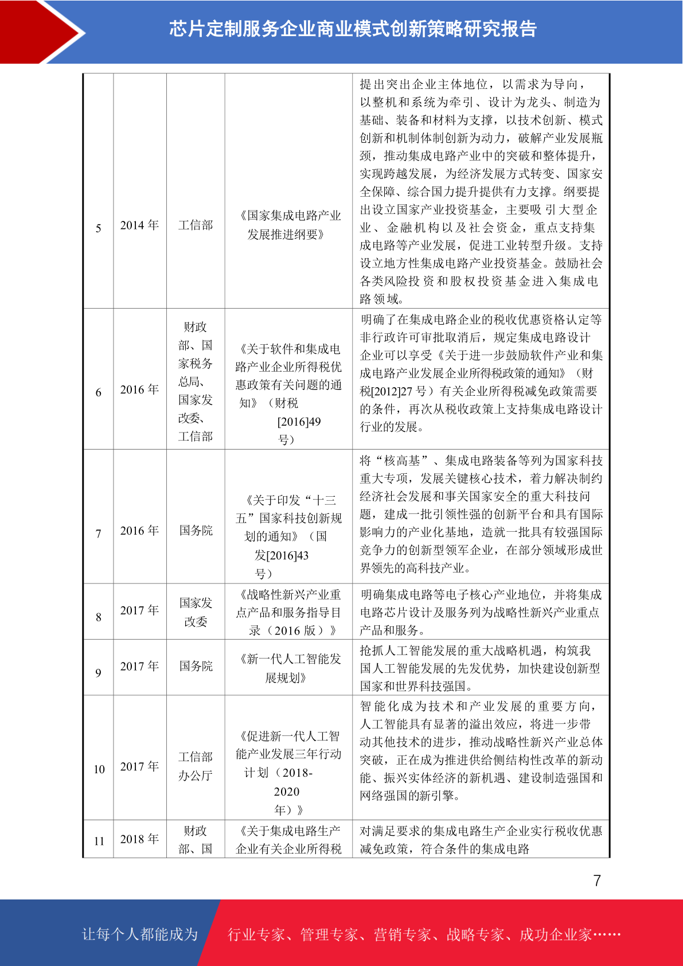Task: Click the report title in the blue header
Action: tap(352, 29)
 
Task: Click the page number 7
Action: tap(597, 881)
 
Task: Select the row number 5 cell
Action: tap(99, 228)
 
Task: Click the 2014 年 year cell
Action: tap(139, 225)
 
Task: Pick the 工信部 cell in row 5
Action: tap(196, 225)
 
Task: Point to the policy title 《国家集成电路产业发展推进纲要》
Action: tap(288, 225)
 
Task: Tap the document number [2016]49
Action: tap(299, 422)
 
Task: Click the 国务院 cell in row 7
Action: tap(196, 531)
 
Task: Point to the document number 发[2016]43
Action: tap(282, 555)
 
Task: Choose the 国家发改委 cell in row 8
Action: tap(196, 612)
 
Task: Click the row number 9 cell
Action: tap(99, 673)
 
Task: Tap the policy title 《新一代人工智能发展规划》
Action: tap(288, 668)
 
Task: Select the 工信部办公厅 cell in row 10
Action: tap(196, 766)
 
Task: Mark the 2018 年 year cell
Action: tap(139, 839)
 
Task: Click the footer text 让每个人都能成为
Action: tap(140, 934)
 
